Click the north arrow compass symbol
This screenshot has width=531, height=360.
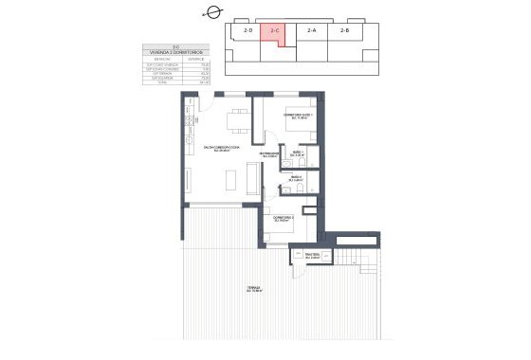click(212, 13)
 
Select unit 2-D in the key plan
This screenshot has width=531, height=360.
click(248, 30)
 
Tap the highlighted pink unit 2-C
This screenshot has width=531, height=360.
click(275, 31)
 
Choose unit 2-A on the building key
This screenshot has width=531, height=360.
click(311, 30)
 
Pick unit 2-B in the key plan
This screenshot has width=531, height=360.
click(344, 30)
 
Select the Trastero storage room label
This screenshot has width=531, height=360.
click(302, 255)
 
